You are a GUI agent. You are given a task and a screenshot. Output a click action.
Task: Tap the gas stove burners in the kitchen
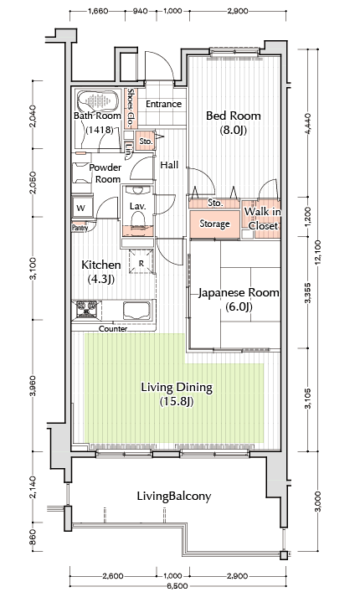click(x=87, y=309)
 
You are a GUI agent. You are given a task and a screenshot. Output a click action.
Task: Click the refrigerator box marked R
click(x=141, y=261)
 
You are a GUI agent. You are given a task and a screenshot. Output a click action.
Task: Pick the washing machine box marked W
click(x=82, y=207)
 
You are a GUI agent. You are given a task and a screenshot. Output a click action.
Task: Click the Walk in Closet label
click(x=263, y=219)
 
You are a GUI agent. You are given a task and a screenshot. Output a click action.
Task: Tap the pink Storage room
click(x=214, y=224)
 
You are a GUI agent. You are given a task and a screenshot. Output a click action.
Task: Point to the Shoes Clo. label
click(x=131, y=108)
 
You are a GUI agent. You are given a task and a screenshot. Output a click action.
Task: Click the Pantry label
click(x=80, y=228)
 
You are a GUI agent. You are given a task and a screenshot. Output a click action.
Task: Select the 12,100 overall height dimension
click(x=318, y=251)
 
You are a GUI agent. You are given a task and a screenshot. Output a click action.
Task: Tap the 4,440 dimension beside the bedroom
click(x=308, y=123)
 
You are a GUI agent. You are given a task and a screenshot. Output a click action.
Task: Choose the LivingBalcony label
click(x=174, y=496)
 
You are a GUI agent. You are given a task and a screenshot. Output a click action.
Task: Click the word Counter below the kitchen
click(x=113, y=329)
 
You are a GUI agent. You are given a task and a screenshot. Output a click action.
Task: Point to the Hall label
click(x=169, y=165)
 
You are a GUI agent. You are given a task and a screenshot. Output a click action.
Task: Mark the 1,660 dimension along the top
click(x=98, y=11)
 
